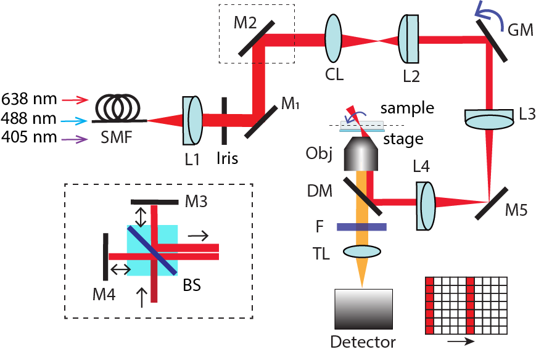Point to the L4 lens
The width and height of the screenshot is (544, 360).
coord(426,200)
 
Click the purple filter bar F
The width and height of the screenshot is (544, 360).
coord(361,227)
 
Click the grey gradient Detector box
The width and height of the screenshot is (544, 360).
coord(363,308)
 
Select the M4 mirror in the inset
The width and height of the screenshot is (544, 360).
coord(106,256)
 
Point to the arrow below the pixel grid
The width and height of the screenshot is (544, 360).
coord(460,340)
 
